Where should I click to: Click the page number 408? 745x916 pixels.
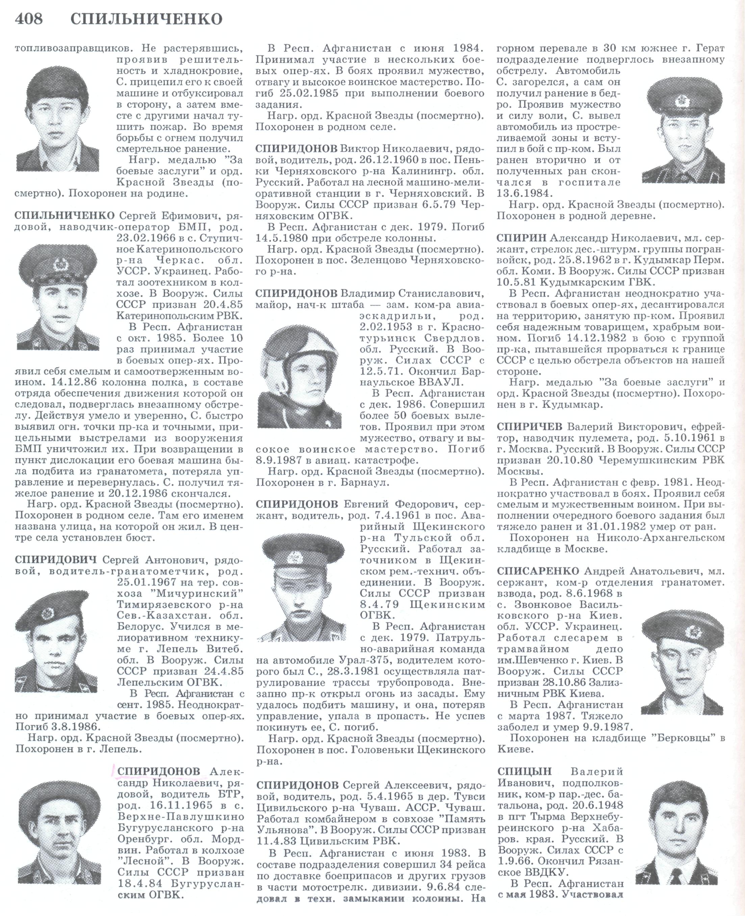(29, 19)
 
